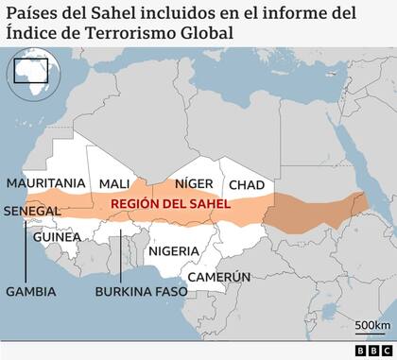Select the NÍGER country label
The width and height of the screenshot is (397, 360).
tap(186, 183)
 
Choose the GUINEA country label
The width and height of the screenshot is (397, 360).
tap(56, 237)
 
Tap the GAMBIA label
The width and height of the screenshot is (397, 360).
tap(31, 291)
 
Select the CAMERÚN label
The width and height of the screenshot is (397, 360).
tap(218, 277)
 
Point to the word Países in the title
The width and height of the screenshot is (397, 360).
tap(33, 13)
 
